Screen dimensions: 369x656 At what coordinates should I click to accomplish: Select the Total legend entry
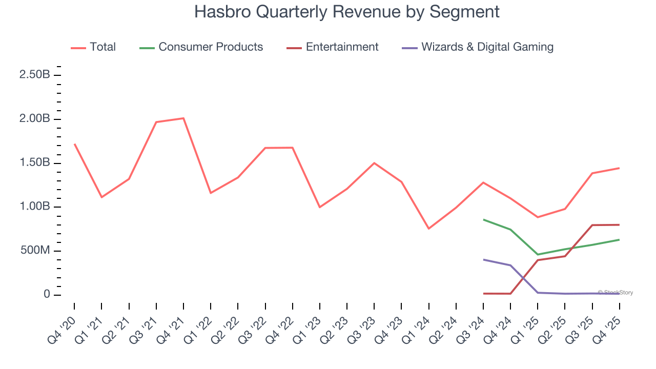(102, 47)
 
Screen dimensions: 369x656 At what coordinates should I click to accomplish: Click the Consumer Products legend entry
(211, 47)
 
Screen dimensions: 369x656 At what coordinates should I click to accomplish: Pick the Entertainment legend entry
(342, 47)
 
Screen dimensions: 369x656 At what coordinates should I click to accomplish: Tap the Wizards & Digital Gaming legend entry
(487, 47)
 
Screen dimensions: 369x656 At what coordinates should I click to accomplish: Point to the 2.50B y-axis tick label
(34, 75)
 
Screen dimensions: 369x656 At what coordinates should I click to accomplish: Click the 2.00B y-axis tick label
(34, 119)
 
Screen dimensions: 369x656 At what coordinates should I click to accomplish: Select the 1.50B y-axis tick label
(34, 163)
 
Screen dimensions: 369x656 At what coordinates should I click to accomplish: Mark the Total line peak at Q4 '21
(183, 118)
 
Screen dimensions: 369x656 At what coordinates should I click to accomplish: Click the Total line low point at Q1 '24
(428, 229)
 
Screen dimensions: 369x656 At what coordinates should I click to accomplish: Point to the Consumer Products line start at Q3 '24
(483, 219)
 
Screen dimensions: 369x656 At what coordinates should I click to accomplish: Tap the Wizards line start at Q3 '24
(483, 259)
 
